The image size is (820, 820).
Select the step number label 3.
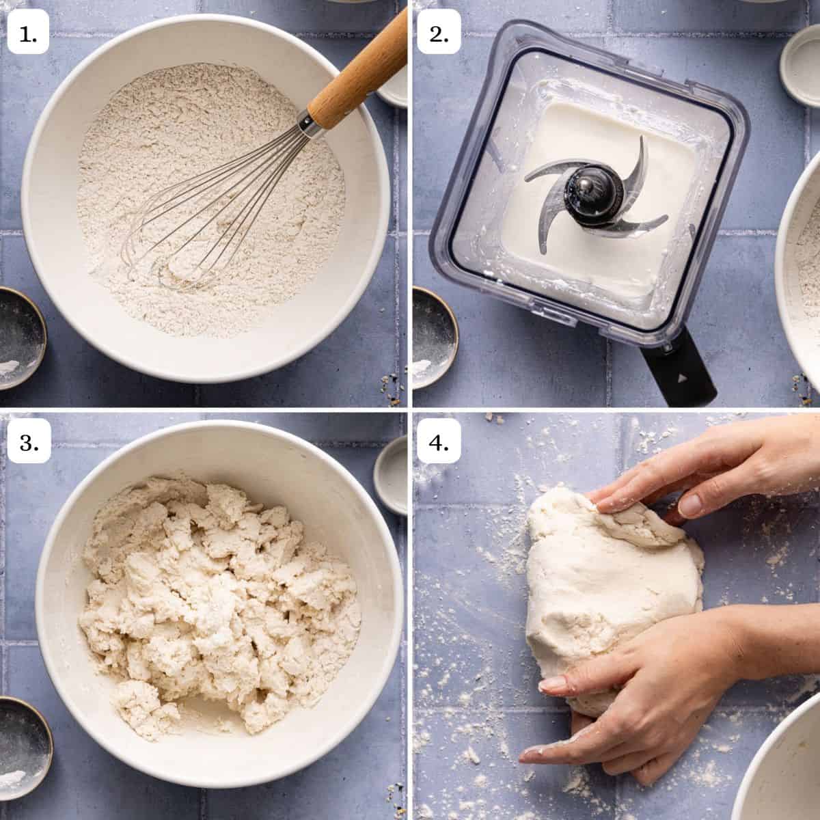coord(28,443)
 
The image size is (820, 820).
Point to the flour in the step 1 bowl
coord(171,171)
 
